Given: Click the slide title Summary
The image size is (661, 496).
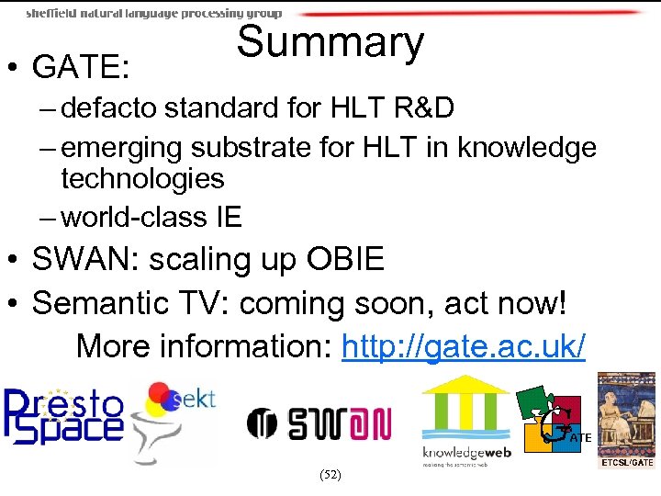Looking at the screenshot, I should [x=330, y=42].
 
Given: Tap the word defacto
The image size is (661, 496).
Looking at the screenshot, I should [x=113, y=108].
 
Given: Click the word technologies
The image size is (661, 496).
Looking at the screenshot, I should [x=142, y=178].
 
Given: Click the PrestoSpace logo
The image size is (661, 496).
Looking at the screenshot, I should [x=63, y=415].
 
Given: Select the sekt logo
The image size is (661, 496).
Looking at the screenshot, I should [x=174, y=418].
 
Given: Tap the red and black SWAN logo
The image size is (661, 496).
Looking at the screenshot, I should [x=319, y=423].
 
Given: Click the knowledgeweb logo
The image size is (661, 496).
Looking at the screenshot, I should [x=465, y=422].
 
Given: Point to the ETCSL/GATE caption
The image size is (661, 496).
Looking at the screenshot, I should [x=627, y=463].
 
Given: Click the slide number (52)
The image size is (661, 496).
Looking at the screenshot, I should [x=330, y=475].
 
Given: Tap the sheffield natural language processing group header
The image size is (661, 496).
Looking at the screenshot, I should [x=154, y=14].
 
